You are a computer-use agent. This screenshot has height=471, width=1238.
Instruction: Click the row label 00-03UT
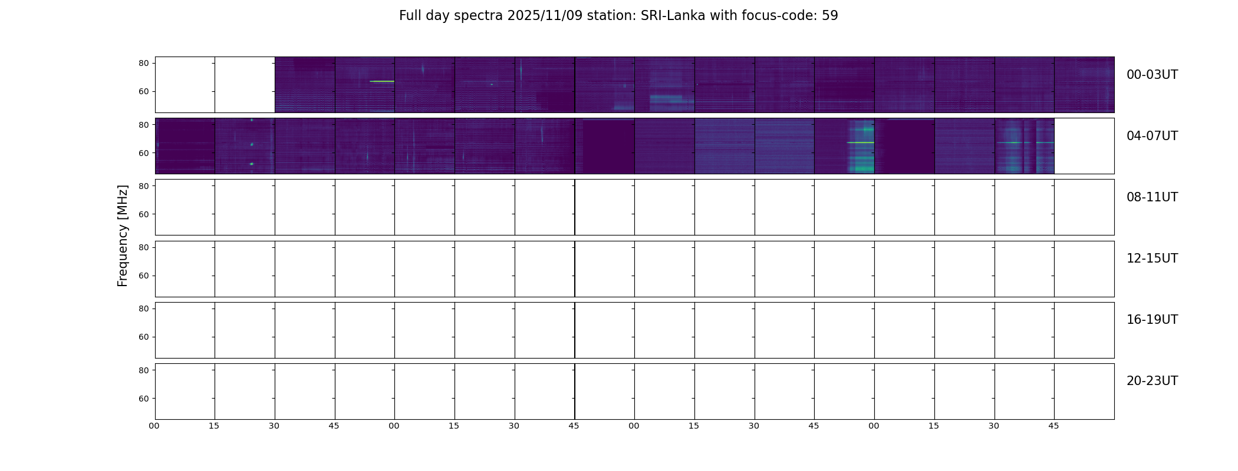1152,75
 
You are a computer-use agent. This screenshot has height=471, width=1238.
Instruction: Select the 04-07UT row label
1152,136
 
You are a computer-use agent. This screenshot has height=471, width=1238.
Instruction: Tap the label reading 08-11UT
1152,197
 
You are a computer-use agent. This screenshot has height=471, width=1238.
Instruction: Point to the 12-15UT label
1152,258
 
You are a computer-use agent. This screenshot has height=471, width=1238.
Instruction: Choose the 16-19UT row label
1152,320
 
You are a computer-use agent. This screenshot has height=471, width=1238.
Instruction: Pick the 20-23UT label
1152,381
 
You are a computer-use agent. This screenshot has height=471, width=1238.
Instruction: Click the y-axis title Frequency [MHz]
123,235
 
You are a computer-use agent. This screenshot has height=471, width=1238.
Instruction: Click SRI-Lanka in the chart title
673,16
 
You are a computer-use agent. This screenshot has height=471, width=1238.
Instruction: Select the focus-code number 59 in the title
830,16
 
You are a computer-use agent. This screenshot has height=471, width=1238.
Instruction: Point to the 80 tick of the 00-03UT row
144,63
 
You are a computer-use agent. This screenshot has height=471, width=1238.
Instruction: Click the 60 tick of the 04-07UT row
144,153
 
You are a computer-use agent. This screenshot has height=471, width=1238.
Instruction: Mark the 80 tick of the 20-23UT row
144,370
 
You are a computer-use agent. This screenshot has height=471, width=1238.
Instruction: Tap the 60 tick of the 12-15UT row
144,276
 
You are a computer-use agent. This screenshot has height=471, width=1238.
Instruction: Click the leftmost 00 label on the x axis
154,426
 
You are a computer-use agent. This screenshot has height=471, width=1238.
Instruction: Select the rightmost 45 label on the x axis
1053,426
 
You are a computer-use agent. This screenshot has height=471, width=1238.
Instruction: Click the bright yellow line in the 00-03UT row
382,81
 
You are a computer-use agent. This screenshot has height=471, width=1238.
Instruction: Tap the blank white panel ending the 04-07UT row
1084,146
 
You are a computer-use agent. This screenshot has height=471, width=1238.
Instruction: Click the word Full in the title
410,16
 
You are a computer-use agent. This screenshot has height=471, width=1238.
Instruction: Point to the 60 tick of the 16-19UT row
144,337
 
